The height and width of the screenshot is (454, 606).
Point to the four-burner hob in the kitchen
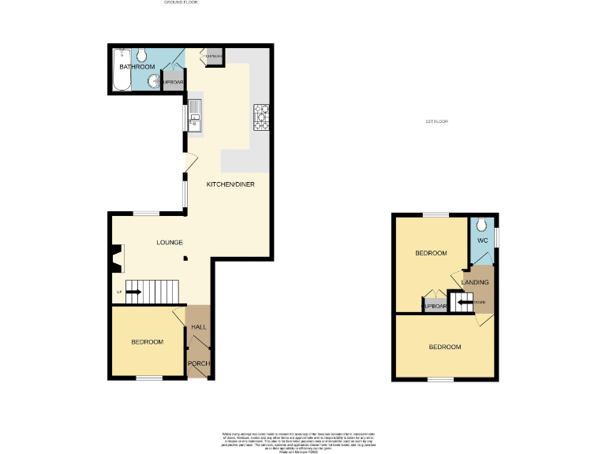261,117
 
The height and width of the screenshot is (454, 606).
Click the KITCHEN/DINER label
228,184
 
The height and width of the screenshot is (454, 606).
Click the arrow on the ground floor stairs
133,292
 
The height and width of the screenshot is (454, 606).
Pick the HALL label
199,326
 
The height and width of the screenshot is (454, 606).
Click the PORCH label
199,363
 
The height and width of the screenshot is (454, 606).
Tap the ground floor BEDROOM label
148,341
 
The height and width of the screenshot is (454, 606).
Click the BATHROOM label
137,68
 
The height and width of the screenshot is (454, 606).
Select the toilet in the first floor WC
481,224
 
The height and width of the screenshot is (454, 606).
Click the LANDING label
475,282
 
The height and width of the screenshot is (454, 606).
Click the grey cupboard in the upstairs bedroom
436,307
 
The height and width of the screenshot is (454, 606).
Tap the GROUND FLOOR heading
181,3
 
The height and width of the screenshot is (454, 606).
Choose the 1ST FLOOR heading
436,121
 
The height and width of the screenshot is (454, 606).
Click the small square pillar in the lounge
186,259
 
